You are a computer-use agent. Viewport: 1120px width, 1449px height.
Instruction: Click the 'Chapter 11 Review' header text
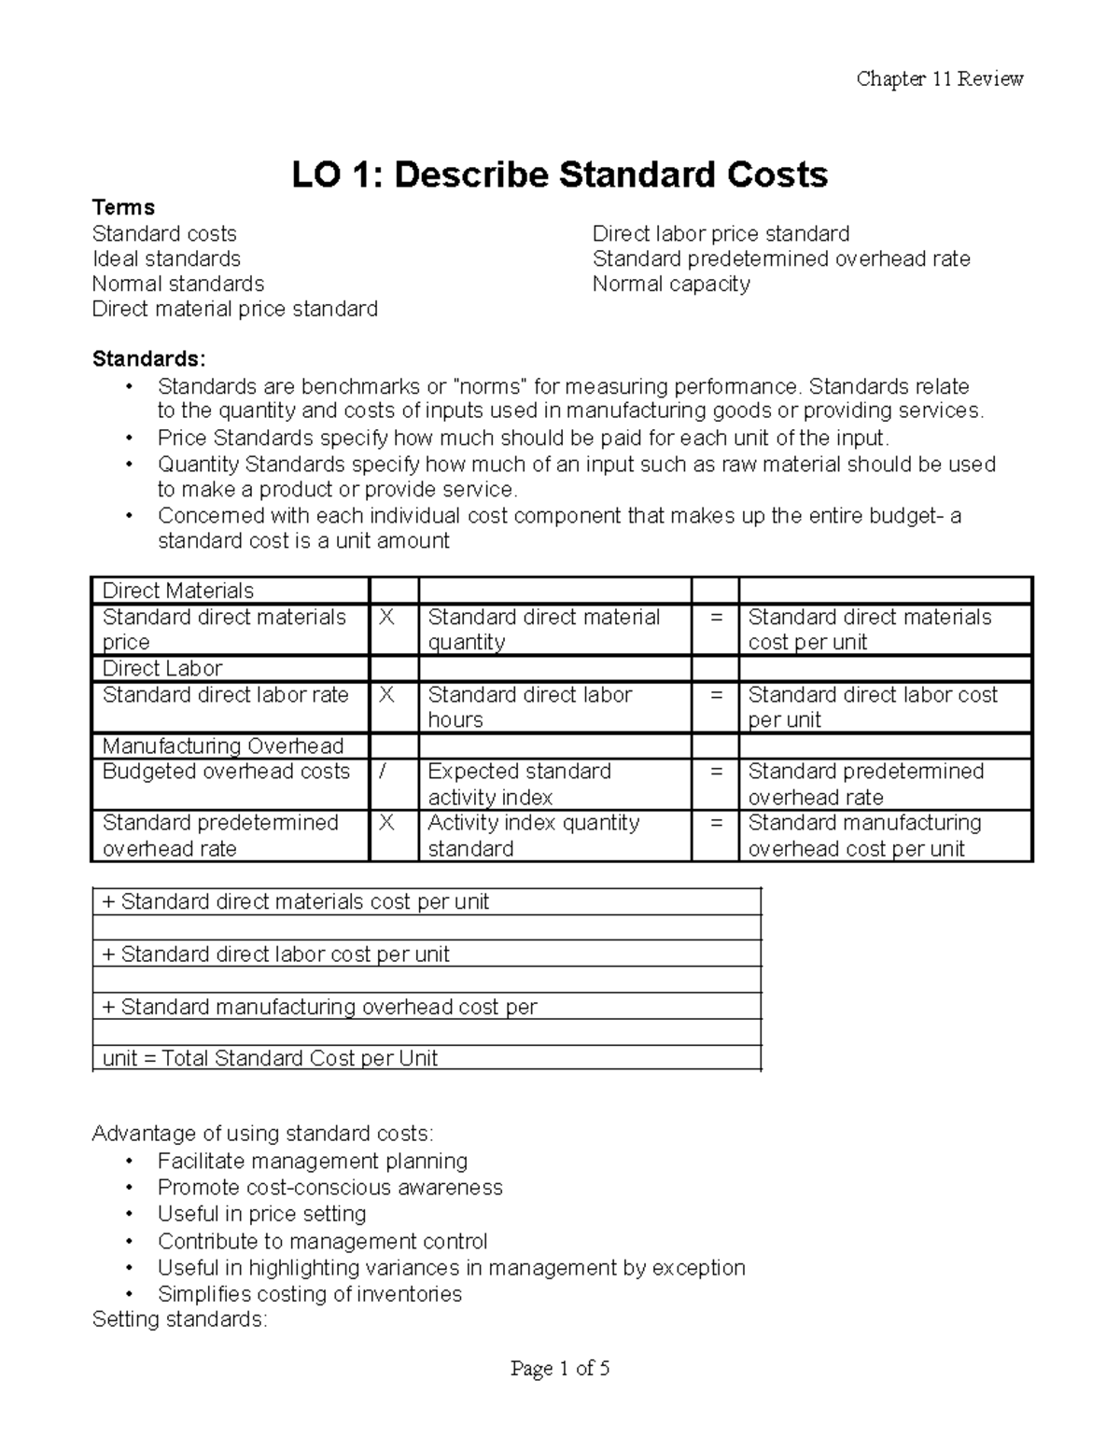[x=939, y=79]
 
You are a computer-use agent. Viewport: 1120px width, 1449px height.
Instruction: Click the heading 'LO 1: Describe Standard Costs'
[x=559, y=174]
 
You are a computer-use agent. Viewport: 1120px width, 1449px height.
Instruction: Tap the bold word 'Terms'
[x=123, y=207]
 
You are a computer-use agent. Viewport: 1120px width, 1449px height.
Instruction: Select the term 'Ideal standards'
[x=166, y=258]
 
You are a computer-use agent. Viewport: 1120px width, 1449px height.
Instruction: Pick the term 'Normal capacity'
[x=671, y=284]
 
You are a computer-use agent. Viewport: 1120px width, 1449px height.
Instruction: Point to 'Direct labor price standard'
[x=721, y=233]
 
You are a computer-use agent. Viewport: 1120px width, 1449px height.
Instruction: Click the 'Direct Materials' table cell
[x=177, y=591]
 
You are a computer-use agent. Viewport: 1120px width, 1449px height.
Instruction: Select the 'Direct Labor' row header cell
[x=162, y=668]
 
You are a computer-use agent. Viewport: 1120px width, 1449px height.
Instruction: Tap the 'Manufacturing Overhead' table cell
[x=222, y=745]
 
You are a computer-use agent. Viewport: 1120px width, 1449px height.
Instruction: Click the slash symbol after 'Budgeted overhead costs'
[x=383, y=772]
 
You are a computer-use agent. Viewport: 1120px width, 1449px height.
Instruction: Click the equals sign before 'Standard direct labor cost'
[x=716, y=695]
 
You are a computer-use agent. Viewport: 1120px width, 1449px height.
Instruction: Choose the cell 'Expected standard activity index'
[x=519, y=784]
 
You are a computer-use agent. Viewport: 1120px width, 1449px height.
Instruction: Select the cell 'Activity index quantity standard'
[x=533, y=835]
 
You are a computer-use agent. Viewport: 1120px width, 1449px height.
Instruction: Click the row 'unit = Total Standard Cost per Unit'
[x=270, y=1058]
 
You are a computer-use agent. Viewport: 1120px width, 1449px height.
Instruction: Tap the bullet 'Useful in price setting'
[x=261, y=1214]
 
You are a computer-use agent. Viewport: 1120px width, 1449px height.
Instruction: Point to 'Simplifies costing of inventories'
[x=309, y=1294]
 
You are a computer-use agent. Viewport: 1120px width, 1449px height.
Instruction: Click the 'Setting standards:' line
[x=179, y=1319]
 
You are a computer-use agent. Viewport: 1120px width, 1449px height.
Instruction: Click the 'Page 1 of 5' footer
[x=560, y=1369]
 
